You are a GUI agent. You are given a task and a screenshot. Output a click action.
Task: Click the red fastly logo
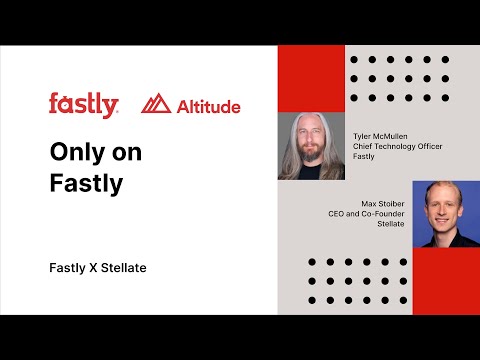pyautogui.click(x=83, y=104)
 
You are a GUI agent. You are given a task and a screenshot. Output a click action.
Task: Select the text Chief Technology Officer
pyautogui.click(x=398, y=146)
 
